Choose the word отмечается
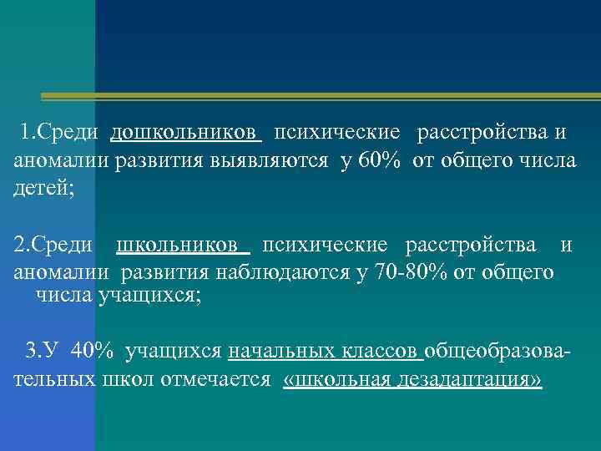click(220, 380)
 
